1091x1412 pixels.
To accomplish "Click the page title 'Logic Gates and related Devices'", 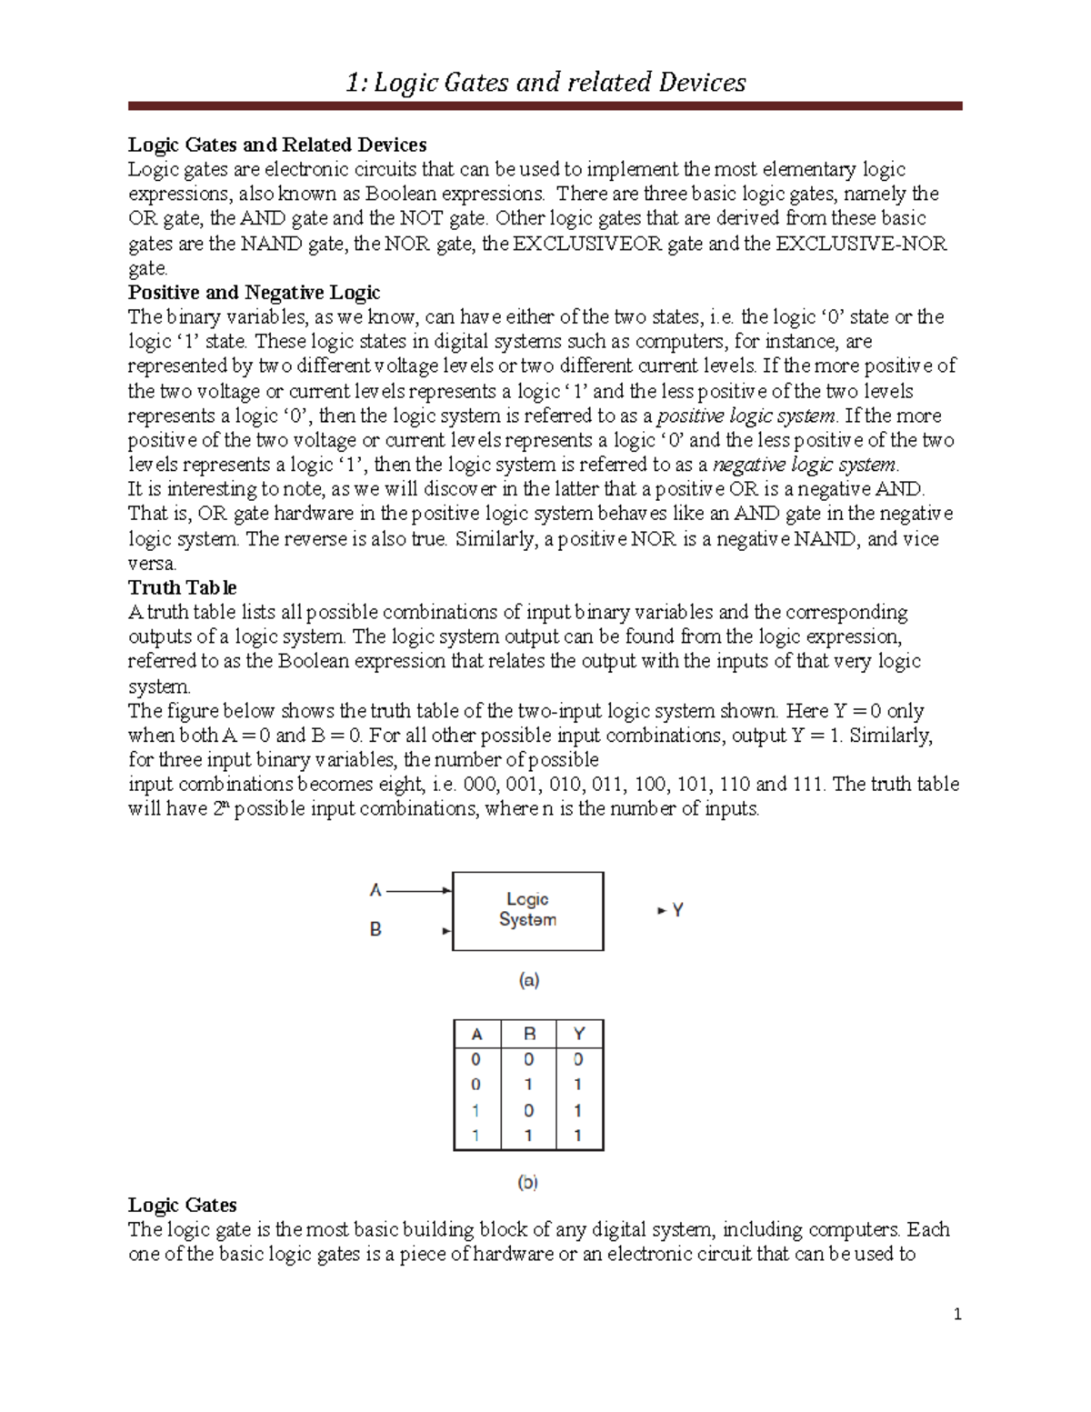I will coord(545,83).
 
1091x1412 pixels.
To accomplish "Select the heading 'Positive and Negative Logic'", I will coord(254,293).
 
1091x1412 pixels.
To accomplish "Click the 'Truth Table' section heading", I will coord(182,587).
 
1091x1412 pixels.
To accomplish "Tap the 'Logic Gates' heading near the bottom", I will coord(182,1205).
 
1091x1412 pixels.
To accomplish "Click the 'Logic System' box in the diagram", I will coord(527,910).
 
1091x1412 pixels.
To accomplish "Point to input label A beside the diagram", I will coord(375,890).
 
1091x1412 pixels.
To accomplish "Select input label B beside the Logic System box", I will coord(375,929).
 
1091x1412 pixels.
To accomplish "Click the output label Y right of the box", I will coord(677,909).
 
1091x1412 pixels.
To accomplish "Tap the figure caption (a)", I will coord(528,980).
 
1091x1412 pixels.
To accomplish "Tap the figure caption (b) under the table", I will coord(527,1182).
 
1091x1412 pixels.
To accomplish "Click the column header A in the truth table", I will coord(476,1034).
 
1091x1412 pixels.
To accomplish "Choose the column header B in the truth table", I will coord(529,1034).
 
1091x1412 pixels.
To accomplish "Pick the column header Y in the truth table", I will coord(578,1034).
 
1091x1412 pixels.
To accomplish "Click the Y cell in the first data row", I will coord(578,1059).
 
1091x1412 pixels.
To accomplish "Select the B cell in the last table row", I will coord(528,1135).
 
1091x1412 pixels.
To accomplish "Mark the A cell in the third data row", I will coord(475,1110).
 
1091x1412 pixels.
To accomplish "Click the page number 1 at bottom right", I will coord(957,1314).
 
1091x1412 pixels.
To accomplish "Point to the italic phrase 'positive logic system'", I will coord(746,416).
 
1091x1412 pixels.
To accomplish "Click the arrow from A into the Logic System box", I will coord(418,891).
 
